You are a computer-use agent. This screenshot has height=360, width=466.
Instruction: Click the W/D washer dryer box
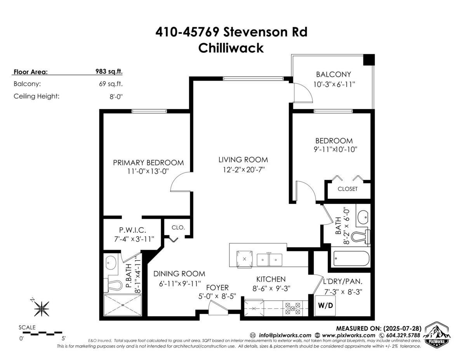(x=325, y=305)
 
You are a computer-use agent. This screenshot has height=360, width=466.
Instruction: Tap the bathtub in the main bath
(x=351, y=259)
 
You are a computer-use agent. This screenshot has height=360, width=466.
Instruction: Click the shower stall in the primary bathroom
(x=123, y=305)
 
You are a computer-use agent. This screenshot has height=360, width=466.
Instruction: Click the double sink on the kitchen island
(x=270, y=259)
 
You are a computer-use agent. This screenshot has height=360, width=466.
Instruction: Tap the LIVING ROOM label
(x=243, y=160)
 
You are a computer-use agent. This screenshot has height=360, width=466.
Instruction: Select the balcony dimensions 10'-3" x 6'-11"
(x=334, y=85)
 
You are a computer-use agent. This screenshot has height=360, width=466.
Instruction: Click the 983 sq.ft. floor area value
(x=109, y=71)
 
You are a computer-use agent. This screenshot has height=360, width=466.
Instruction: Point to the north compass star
(x=42, y=309)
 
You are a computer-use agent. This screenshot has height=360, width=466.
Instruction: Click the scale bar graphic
(x=42, y=333)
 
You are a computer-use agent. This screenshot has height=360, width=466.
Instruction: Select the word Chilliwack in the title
(x=231, y=48)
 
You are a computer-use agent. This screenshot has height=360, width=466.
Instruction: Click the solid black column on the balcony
(x=369, y=60)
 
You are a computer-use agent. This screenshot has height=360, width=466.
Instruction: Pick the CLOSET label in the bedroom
(x=348, y=189)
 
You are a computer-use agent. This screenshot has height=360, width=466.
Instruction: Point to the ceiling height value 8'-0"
(x=116, y=96)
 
